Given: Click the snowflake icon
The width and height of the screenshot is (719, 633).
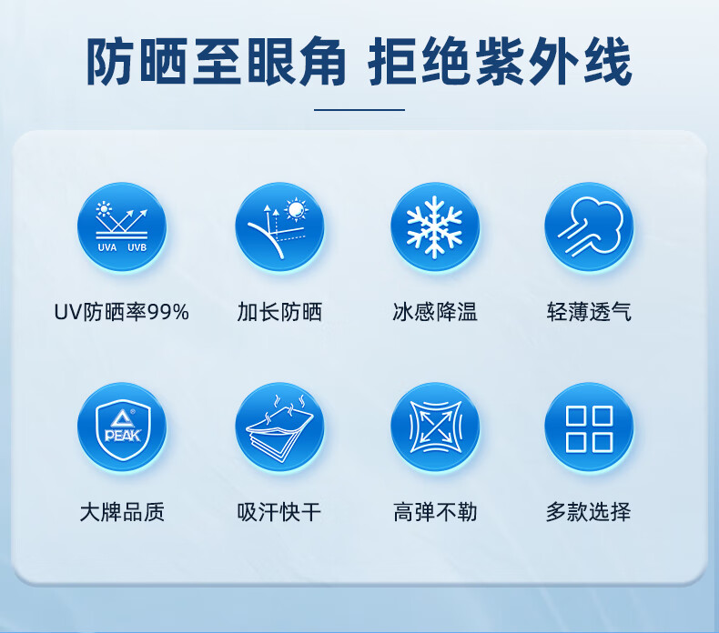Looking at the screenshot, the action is click(434, 226).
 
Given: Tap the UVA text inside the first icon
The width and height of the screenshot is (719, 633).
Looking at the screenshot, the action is click(107, 247).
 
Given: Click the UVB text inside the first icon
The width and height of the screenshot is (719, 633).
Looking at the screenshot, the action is click(137, 247).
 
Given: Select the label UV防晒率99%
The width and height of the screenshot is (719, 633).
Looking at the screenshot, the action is click(122, 312).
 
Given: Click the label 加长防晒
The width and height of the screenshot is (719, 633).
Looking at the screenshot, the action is click(279, 312).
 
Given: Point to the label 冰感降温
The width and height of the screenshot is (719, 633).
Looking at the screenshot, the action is click(435, 312).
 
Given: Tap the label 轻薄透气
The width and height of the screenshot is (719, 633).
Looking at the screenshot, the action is click(589, 312).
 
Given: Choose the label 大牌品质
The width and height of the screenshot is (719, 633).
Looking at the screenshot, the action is click(122, 512).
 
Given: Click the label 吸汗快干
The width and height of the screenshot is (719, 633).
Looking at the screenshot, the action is click(279, 512).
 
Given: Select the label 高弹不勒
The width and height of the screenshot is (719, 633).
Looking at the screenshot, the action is click(435, 512).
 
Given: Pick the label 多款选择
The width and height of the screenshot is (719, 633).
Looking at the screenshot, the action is click(589, 512).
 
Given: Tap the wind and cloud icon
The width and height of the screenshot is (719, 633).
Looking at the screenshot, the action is click(589, 226).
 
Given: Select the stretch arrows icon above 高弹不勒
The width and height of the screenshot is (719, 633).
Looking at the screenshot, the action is click(435, 427).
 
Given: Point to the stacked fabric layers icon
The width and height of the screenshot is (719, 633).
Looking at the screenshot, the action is click(279, 427).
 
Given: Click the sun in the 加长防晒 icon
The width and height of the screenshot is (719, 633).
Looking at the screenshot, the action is click(296, 210).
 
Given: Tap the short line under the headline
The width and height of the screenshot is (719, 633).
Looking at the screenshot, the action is click(359, 110).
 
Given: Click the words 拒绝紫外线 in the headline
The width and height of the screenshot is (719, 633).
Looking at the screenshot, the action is click(501, 62).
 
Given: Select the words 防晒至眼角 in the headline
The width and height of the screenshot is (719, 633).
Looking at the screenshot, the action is click(216, 62).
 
